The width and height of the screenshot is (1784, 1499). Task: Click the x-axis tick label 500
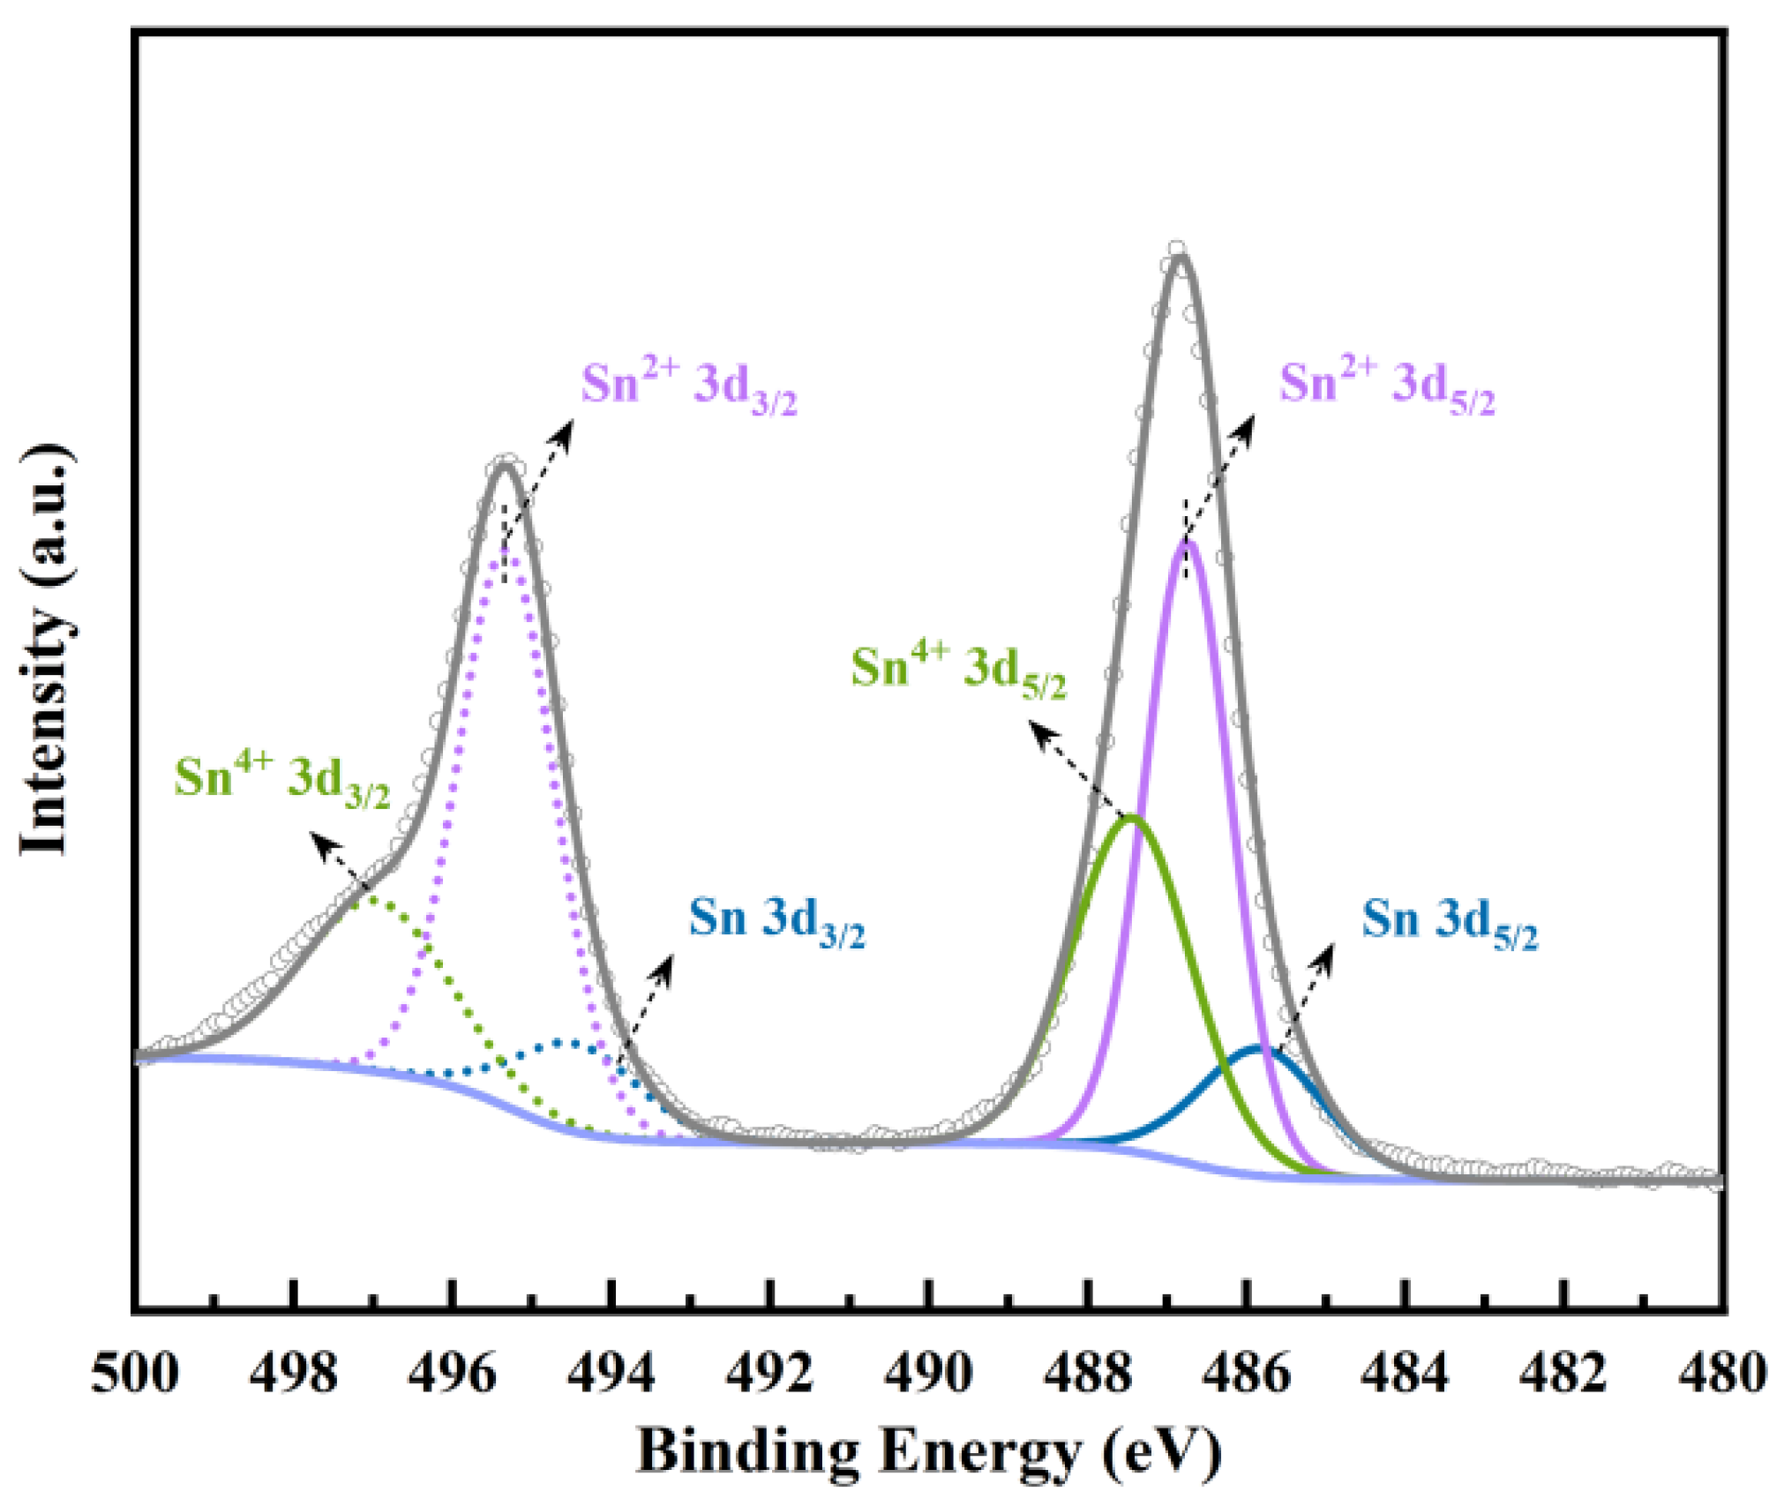tap(134, 1374)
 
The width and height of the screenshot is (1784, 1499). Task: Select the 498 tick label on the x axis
tap(293, 1374)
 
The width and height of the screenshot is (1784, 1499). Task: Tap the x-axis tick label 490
tap(928, 1374)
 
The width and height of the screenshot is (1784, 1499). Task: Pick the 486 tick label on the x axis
tap(1246, 1374)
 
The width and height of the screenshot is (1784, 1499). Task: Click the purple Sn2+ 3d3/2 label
tap(688, 386)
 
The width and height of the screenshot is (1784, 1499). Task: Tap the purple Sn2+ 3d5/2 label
tap(1387, 386)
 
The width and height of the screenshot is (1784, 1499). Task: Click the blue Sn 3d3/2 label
tap(776, 920)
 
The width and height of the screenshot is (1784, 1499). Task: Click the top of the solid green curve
tap(1131, 818)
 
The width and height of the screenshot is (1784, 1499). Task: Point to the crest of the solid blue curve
tap(1258, 1047)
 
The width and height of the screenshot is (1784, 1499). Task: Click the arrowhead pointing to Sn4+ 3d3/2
tap(319, 840)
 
